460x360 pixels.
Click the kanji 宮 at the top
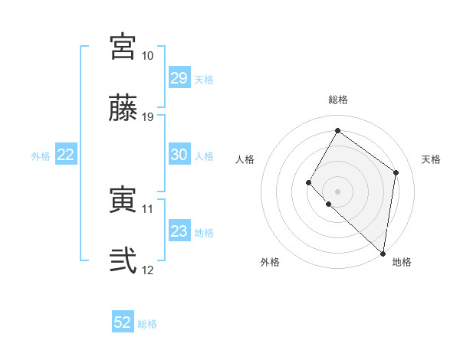[123, 47]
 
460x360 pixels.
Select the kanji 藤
[123, 108]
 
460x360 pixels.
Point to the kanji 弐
[123, 261]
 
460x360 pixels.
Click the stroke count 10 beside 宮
[148, 56]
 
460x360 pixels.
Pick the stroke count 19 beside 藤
[148, 117]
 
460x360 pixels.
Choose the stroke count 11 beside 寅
[148, 208]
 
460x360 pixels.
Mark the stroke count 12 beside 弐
[148, 270]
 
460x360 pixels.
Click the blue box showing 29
[179, 78]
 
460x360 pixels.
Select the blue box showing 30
[179, 155]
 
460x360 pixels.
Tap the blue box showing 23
[179, 231]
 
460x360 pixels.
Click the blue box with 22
[66, 155]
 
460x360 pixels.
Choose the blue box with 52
[123, 322]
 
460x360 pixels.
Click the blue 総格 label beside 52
[148, 324]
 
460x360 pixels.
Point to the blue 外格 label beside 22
[41, 156]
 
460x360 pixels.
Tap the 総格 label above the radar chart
[337, 100]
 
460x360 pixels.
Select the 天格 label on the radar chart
[431, 159]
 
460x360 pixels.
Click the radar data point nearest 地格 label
[383, 253]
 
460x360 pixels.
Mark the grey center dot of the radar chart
[337, 191]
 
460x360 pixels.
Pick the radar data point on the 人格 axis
[309, 182]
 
